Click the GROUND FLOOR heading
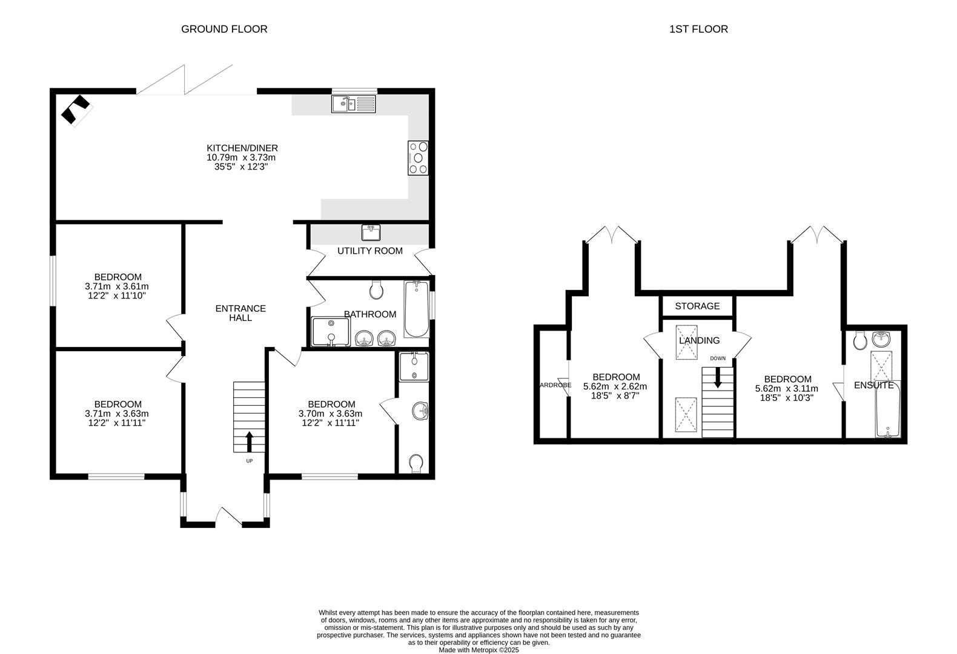pos(224,29)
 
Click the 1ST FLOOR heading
pos(698,29)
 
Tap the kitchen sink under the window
pos(354,104)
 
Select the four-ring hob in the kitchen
pos(419,158)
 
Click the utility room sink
pos(371,232)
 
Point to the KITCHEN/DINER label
pos(242,148)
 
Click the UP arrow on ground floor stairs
pos(249,441)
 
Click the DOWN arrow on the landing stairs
pos(718,378)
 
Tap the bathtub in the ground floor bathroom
pos(416,309)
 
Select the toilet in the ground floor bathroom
pos(376,291)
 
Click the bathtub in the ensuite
pos(888,409)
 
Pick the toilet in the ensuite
pos(859,342)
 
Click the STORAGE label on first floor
pos(697,306)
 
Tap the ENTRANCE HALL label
pos(240,313)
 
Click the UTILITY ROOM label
pos(369,251)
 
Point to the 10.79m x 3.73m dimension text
pos(241,157)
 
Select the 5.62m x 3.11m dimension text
pos(786,389)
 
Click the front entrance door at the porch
pos(229,516)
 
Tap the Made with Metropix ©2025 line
pos(478,650)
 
